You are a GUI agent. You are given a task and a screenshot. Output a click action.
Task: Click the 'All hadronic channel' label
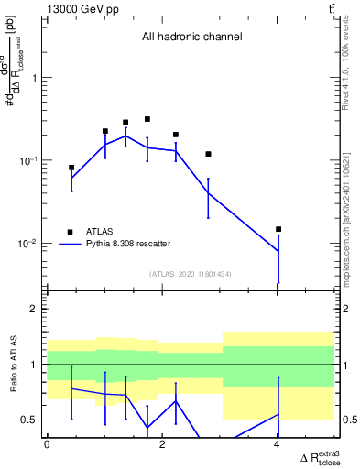click(x=191, y=38)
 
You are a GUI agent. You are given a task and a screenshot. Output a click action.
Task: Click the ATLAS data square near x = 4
click(x=278, y=229)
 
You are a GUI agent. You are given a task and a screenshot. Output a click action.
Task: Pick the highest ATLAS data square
click(x=147, y=119)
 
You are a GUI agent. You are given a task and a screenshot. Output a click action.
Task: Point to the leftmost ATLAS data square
click(x=71, y=168)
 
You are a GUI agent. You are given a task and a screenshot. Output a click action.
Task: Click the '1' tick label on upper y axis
click(x=35, y=78)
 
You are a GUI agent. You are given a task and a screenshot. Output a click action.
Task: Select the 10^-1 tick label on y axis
click(x=29, y=161)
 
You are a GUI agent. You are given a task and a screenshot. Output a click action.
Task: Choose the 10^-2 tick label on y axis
click(x=29, y=244)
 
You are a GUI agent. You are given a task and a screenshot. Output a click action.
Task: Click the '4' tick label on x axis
click(x=278, y=444)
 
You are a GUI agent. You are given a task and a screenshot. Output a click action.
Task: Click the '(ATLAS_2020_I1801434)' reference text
click(x=191, y=273)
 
